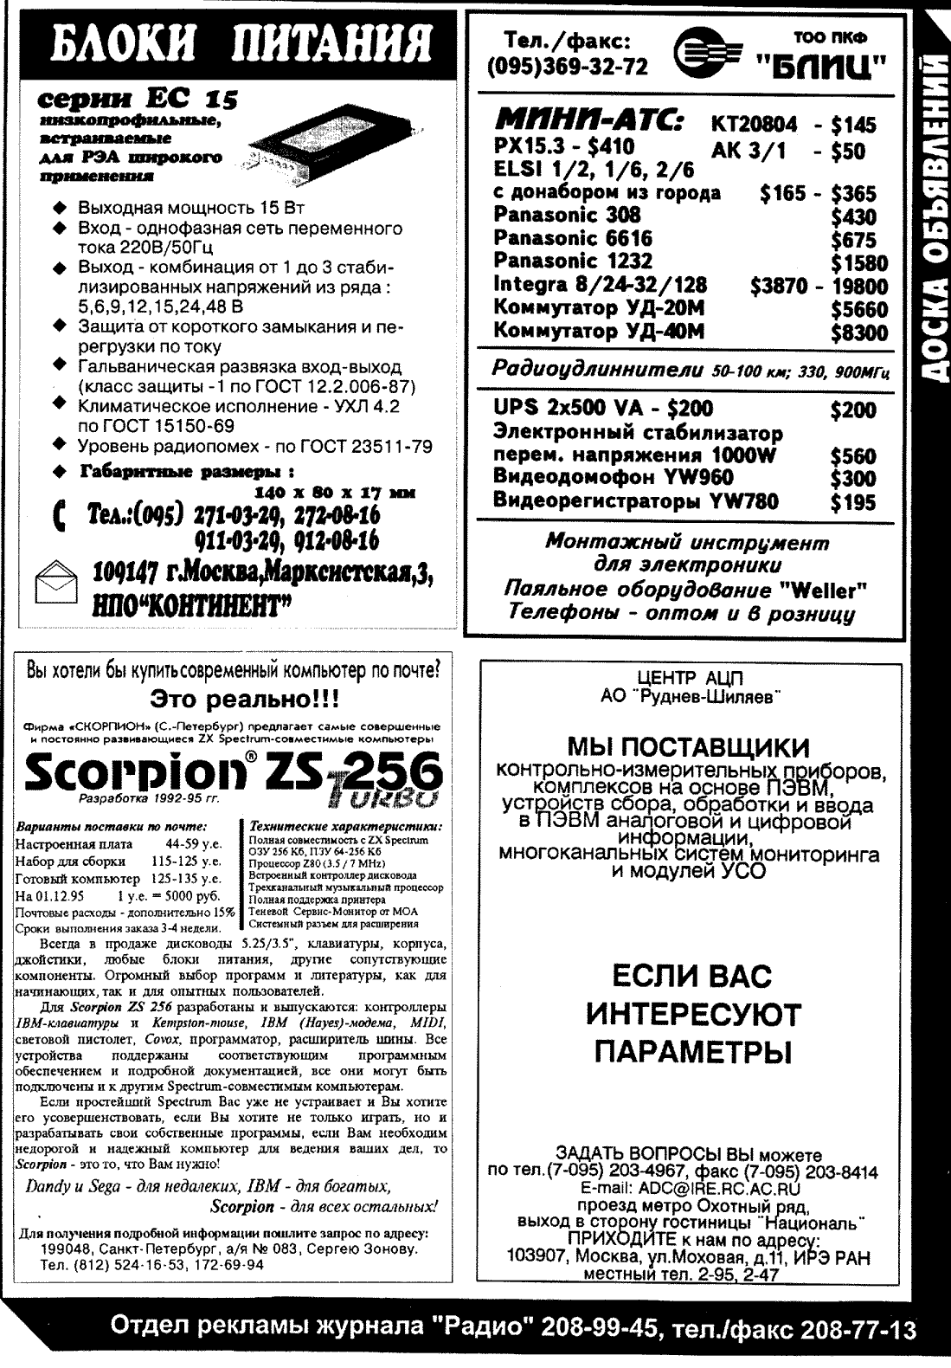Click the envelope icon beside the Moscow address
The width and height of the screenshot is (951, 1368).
point(55,582)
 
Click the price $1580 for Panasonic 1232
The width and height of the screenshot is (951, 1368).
point(858,263)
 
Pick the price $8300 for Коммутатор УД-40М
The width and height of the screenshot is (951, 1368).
point(858,333)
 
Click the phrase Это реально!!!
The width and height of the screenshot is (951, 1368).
point(245,699)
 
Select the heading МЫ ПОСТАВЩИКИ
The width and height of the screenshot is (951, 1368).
point(689,746)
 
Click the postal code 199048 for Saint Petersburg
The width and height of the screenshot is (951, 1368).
point(67,1250)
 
